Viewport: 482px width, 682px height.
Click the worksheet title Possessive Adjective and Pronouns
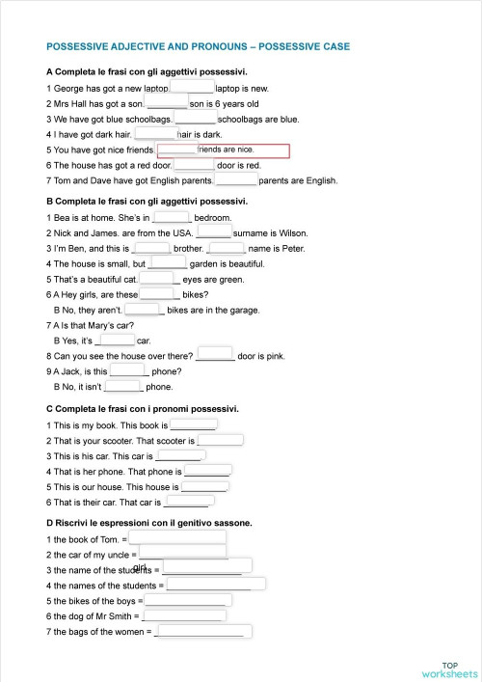[x=198, y=45]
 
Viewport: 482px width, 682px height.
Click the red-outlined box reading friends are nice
[x=242, y=150]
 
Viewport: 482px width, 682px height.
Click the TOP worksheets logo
[x=449, y=669]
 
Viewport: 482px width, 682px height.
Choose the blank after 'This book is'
[x=194, y=424]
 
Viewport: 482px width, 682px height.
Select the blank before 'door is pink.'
[x=215, y=355]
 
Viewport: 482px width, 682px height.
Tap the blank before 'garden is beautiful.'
[x=168, y=262]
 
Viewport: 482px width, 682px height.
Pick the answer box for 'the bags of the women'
[x=202, y=632]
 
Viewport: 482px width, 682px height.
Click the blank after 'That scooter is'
[x=220, y=440]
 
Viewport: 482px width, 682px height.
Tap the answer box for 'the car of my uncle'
[x=183, y=554]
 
